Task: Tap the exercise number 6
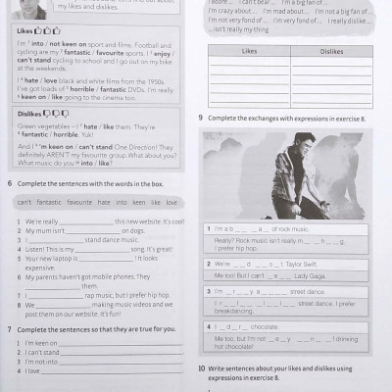point(9,183)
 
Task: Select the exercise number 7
point(9,328)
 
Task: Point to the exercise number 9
point(200,118)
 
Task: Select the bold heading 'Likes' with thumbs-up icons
point(25,30)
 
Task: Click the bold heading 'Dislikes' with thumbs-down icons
point(30,113)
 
